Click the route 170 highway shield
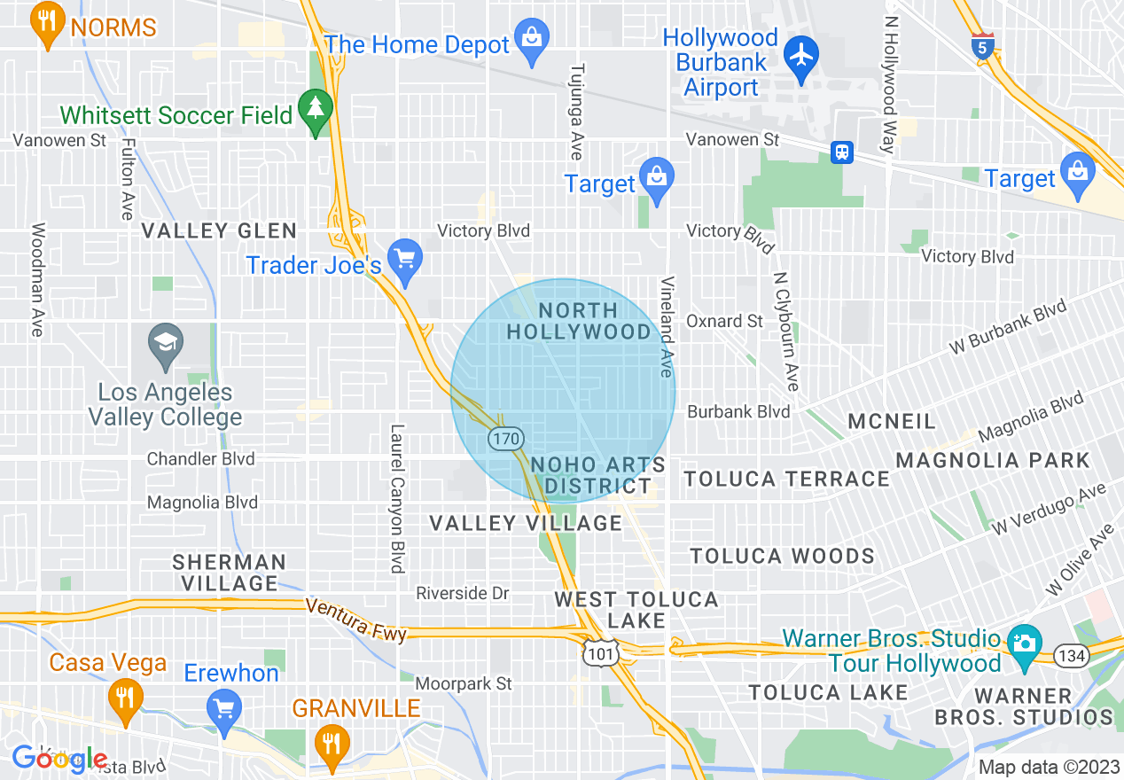(x=505, y=438)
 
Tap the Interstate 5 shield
(x=981, y=47)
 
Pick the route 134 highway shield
(x=1071, y=655)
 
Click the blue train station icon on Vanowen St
(x=841, y=152)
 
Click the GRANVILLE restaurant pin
(x=332, y=741)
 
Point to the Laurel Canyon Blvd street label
(x=397, y=497)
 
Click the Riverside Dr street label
(x=463, y=593)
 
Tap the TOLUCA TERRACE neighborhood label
(x=786, y=480)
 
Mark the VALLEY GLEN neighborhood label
(x=220, y=231)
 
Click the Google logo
(x=59, y=759)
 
